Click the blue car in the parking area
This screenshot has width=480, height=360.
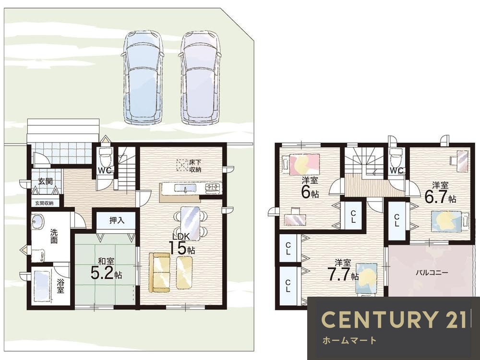point(143,77)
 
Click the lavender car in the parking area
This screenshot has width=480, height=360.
point(200,77)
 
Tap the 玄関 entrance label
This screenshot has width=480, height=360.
point(45,181)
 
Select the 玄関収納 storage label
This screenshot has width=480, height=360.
point(44,203)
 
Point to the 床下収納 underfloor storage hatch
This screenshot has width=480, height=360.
point(182,165)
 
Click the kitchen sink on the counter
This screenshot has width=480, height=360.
point(185,188)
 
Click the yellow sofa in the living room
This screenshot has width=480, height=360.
point(159,273)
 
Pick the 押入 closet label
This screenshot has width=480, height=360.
point(117,220)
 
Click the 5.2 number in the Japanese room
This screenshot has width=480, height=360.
point(102,274)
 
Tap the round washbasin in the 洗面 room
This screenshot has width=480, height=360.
point(37,221)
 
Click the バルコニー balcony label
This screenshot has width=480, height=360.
point(432,272)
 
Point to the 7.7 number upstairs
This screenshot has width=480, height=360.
point(338,274)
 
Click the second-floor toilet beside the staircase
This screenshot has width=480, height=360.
point(396,158)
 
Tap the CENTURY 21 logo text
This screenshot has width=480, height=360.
point(394,319)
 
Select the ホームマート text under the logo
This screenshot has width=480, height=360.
point(349,340)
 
